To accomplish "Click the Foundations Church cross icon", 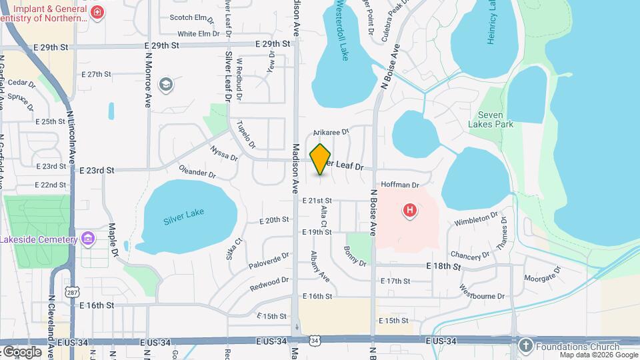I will [525, 346].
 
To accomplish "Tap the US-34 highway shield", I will [314, 341].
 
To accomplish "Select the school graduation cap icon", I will [165, 84].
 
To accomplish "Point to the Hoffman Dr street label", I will [400, 185].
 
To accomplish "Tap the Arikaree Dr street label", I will [331, 133].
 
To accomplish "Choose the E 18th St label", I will [443, 266].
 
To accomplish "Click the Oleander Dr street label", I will [197, 173].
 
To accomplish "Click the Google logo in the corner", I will [22, 351].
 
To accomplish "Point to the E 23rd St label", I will [97, 171].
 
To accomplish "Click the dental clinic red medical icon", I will [97, 13].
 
